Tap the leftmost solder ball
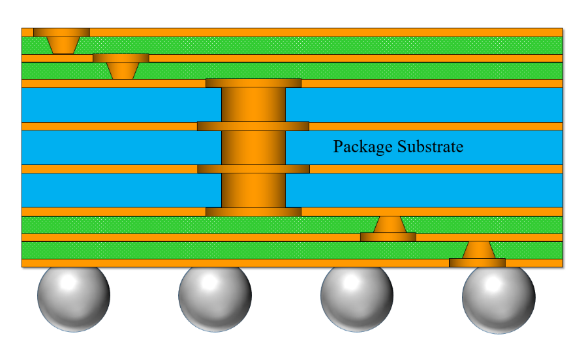(x=74, y=297)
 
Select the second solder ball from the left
(x=215, y=297)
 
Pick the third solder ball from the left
(x=357, y=297)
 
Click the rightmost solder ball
(x=499, y=297)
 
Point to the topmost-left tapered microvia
(x=62, y=45)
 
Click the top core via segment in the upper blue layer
(x=253, y=104)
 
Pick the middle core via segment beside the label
(x=253, y=147)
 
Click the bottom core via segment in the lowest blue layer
(x=253, y=190)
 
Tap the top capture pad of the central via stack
(x=253, y=83)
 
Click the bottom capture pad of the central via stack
(x=253, y=211)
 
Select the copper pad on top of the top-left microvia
(x=61, y=32)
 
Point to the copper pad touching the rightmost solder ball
(x=477, y=263)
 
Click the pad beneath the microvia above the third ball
(x=388, y=237)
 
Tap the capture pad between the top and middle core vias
(x=253, y=126)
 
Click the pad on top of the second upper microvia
(x=121, y=57)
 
